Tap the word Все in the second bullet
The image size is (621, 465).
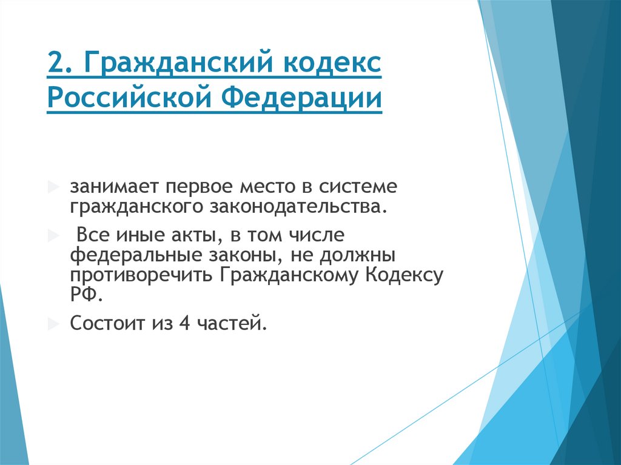point(90,233)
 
